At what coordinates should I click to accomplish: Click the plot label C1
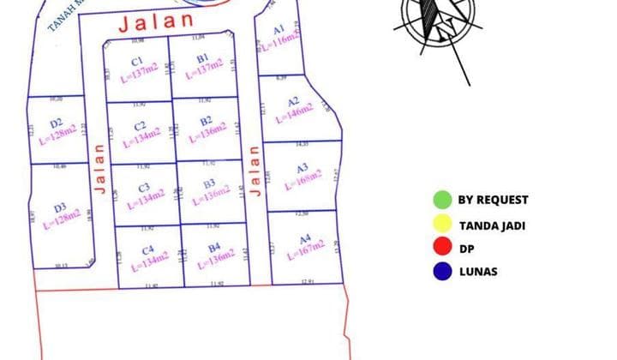pos(136,61)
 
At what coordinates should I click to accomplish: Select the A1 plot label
pos(279,29)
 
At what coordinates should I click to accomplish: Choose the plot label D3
pos(60,207)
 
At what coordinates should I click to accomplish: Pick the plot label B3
pos(209,183)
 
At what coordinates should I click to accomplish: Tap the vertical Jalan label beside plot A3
pos(254,171)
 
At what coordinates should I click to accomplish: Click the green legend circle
pos(442,200)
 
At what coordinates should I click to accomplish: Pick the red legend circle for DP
pos(442,249)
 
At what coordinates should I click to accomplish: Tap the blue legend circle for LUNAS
pos(442,273)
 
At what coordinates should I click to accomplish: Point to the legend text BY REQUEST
pos(493,200)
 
